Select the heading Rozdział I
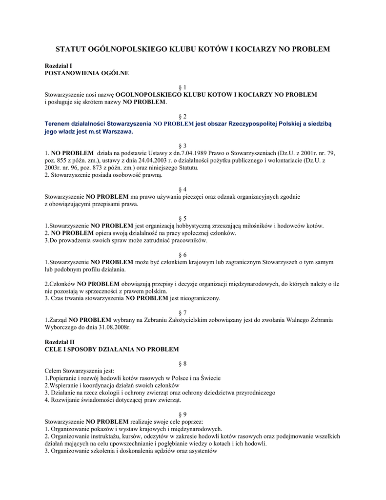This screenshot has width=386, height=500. tap(59, 65)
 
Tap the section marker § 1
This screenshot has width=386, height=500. tap(183, 87)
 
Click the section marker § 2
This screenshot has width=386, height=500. tap(183, 116)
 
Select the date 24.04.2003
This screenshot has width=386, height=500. tap(135, 160)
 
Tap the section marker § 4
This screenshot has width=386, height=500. tap(183, 189)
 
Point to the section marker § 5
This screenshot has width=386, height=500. tap(183, 218)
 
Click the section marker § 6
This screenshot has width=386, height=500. tap(183, 255)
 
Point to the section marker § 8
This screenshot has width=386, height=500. tap(183, 363)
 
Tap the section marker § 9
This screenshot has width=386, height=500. tap(183, 414)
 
